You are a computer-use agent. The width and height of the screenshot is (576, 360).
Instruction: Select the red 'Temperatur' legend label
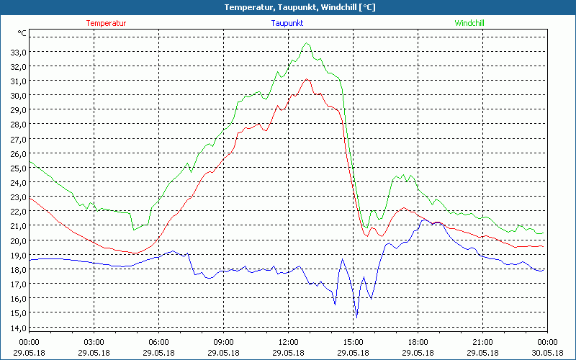tap(106, 23)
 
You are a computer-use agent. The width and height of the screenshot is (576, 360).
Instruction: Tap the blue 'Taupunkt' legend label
tap(287, 23)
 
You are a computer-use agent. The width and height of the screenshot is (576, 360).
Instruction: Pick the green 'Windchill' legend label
tap(469, 23)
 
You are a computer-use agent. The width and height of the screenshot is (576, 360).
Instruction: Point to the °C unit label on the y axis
tap(22, 33)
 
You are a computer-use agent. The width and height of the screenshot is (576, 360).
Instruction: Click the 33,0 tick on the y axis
tap(18, 52)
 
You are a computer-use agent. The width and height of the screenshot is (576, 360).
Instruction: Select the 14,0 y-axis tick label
tap(18, 328)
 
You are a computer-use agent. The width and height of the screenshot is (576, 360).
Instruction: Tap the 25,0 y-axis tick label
tap(18, 168)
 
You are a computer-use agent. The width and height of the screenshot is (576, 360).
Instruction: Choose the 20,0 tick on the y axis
tap(18, 240)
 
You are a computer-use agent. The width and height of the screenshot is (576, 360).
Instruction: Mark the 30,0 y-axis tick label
tap(18, 95)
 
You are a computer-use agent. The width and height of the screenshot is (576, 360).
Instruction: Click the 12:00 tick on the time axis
tap(288, 342)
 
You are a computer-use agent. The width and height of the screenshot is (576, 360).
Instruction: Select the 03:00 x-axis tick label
tap(94, 342)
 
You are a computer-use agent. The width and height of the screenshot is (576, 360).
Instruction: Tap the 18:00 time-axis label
tap(418, 342)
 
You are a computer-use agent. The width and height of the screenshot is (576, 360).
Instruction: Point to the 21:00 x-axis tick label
tap(482, 342)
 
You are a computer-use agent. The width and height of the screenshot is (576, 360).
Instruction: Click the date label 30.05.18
tap(547, 353)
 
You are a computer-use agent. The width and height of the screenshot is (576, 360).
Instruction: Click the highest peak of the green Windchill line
tap(307, 43)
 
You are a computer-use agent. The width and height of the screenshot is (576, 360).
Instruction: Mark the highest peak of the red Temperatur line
tap(307, 79)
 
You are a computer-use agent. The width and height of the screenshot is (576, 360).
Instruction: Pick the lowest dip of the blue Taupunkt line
tap(356, 317)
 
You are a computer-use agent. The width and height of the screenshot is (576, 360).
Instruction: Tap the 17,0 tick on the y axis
tap(18, 284)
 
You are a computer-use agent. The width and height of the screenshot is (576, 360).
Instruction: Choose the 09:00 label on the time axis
tap(223, 342)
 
